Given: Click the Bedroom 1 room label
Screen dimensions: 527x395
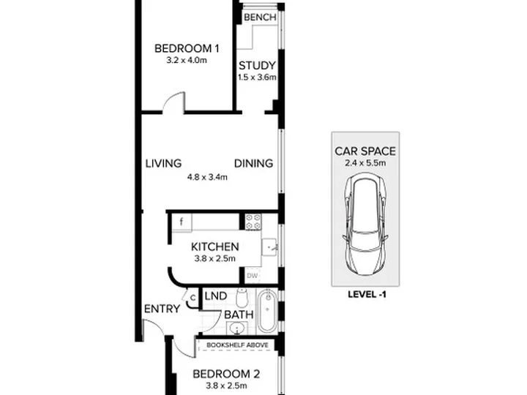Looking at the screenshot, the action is point(187,48).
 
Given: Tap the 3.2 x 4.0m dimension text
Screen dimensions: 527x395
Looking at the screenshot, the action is point(187,61).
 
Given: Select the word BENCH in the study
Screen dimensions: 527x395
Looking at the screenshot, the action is point(260,17).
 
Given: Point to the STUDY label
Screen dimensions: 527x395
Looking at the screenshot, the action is point(257,65).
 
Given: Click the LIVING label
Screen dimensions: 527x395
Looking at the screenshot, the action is point(163,164).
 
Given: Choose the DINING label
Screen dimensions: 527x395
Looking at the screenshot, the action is point(253,164).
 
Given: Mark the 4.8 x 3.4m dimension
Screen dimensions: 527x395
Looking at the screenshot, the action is point(207,177).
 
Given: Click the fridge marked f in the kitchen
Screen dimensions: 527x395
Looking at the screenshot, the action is point(182,222).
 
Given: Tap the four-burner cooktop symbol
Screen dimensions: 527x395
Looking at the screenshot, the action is point(253,222).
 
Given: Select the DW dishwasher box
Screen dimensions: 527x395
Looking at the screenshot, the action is point(253,276).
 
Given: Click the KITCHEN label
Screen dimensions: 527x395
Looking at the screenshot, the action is point(214,247).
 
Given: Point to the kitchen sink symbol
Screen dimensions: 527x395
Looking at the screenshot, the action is point(269,247).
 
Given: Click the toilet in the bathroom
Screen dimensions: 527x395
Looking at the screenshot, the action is point(242,297).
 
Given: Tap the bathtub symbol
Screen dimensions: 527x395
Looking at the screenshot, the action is point(267,311).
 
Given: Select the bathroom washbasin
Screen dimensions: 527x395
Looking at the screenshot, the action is point(238,328).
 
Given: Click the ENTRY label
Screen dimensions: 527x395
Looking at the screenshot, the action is point(162,309).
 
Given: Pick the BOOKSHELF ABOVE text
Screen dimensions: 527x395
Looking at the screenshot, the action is point(237,345).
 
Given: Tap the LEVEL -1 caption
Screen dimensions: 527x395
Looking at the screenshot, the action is point(367,295).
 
